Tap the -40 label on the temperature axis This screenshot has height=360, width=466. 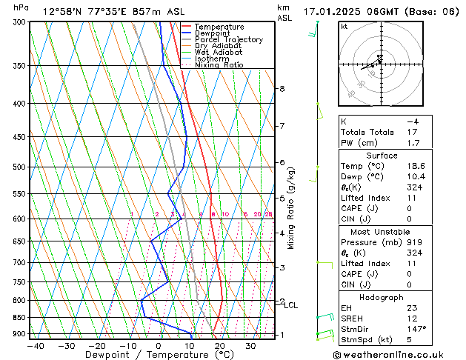[x=34, y=345]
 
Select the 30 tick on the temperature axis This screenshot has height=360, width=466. [x=250, y=345]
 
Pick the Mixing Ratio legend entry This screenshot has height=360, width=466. [x=219, y=64]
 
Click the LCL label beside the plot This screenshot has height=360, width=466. [x=291, y=305]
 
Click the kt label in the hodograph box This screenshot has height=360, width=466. [x=344, y=27]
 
